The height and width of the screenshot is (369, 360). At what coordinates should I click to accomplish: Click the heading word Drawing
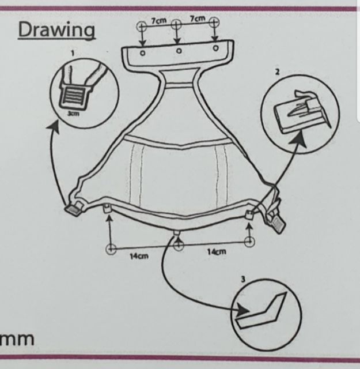pyautogui.click(x=56, y=29)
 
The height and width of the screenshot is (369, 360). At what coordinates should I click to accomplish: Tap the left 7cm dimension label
pyautogui.click(x=159, y=20)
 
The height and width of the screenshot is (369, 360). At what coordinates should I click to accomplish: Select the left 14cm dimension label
pyautogui.click(x=137, y=257)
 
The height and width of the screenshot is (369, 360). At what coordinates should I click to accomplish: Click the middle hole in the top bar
pyautogui.click(x=179, y=51)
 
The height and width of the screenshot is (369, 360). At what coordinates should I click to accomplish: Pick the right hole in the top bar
pyautogui.click(x=215, y=49)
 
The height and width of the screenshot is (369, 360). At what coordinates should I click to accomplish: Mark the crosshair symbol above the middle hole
pyautogui.click(x=177, y=25)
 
